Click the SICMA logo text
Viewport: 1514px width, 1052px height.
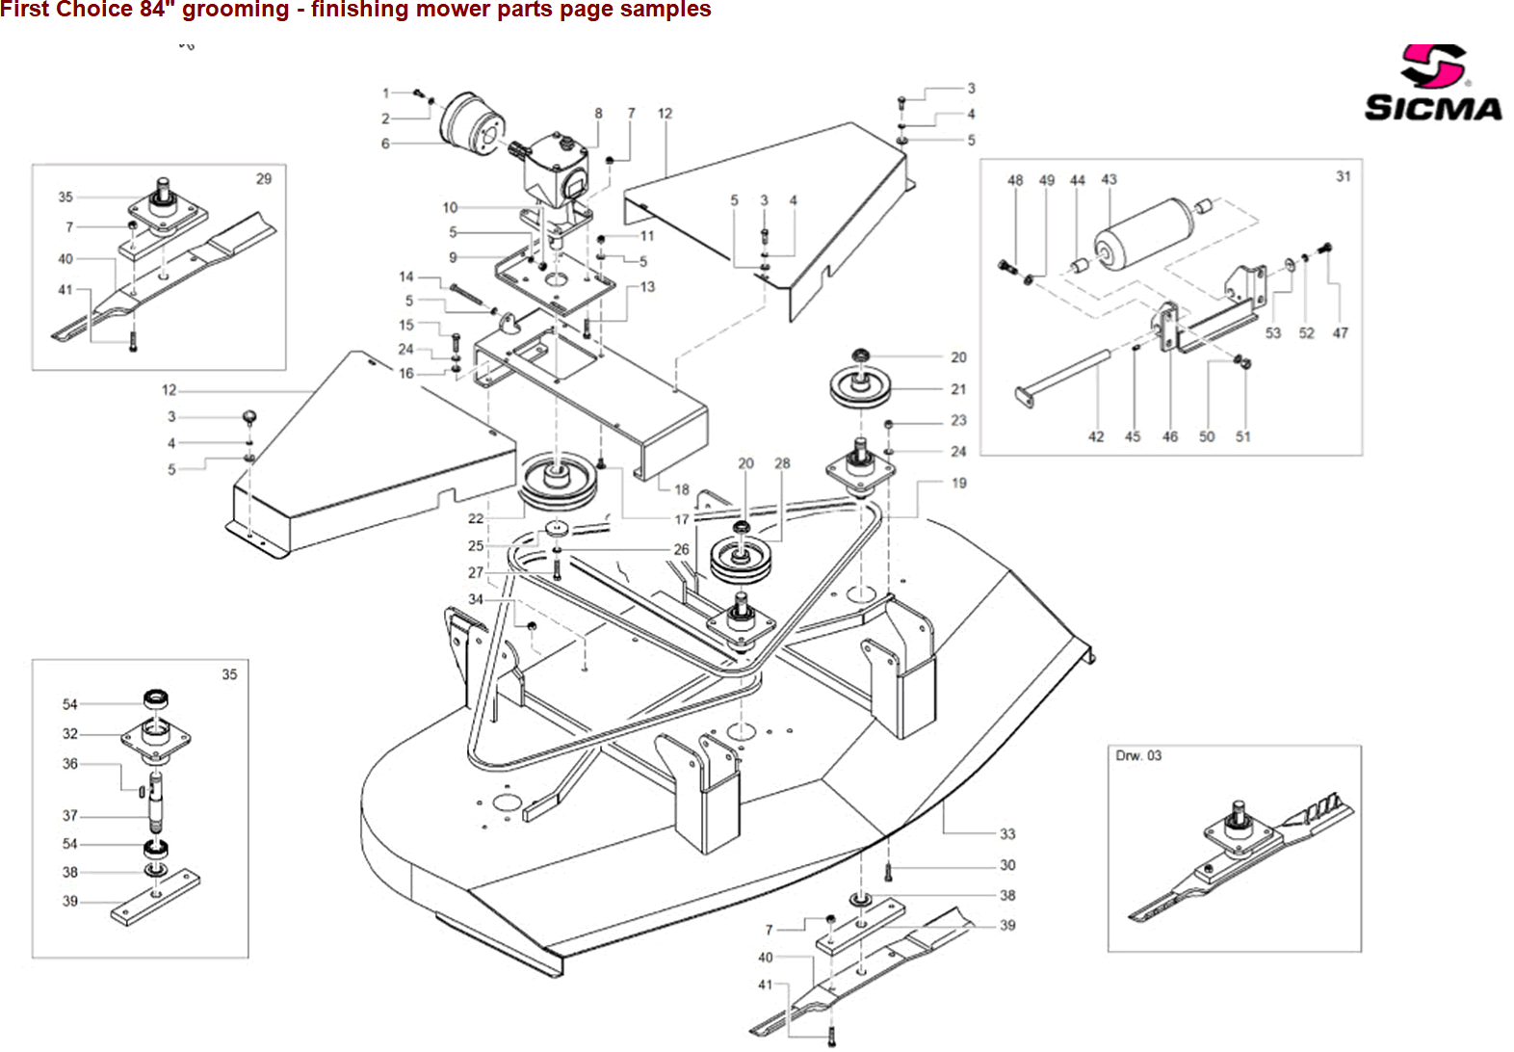point(1433,108)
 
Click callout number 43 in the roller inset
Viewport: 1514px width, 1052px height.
point(1109,180)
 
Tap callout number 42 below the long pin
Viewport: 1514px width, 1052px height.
point(1096,436)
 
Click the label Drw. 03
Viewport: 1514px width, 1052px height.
point(1138,756)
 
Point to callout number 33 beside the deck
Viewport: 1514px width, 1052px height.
point(1006,834)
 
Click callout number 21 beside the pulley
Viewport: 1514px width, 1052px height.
point(958,389)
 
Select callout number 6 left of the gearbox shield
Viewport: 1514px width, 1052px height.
point(385,144)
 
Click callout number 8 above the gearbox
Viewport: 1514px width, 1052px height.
point(598,114)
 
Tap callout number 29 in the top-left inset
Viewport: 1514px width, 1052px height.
point(264,179)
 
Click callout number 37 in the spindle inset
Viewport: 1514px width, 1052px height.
point(70,816)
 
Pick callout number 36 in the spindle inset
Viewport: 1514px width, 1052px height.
point(70,764)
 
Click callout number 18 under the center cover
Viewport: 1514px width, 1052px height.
point(682,489)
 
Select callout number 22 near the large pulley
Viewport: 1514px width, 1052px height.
point(476,518)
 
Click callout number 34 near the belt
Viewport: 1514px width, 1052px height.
point(476,599)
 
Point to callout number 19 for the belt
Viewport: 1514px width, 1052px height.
point(958,484)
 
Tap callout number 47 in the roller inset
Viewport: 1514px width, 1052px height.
point(1340,333)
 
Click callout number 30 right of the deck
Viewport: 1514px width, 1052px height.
point(1007,865)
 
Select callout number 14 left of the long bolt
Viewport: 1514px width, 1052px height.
point(406,277)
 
